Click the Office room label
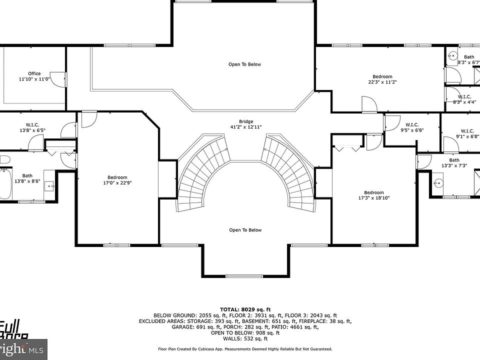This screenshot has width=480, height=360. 34,76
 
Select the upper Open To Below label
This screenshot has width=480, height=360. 245,64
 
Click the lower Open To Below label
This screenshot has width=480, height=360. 245,230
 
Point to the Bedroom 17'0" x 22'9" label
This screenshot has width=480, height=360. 117,180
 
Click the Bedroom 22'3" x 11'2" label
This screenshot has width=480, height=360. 382,79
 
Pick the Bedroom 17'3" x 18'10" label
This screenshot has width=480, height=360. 374,195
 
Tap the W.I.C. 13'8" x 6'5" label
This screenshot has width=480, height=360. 32,127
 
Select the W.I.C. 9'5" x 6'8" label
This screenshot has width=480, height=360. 412,127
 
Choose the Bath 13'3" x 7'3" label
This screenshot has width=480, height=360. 454,163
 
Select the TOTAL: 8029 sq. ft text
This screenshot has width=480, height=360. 245,309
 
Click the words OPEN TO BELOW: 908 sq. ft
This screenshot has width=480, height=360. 245,332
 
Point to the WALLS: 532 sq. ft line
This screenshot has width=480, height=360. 245,338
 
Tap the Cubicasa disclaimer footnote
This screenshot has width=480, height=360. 245,349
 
